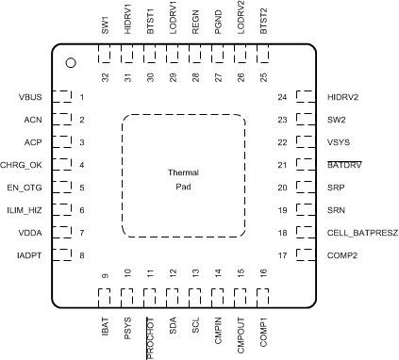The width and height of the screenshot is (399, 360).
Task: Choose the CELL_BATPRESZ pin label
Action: point(363,233)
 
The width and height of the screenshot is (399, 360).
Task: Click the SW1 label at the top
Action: point(104,22)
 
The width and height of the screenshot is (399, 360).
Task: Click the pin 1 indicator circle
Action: point(71,63)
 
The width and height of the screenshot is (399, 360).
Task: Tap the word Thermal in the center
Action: point(184,173)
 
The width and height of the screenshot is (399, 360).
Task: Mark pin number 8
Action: point(82,255)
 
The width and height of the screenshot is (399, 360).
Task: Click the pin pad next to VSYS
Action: point(306,142)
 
